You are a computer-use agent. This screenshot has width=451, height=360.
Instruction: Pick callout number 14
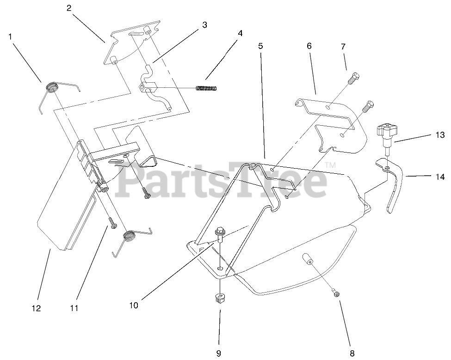coord(440,177)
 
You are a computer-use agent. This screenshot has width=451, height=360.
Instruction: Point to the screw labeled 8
coord(336,293)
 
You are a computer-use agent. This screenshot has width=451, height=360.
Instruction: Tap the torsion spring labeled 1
coord(52,87)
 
